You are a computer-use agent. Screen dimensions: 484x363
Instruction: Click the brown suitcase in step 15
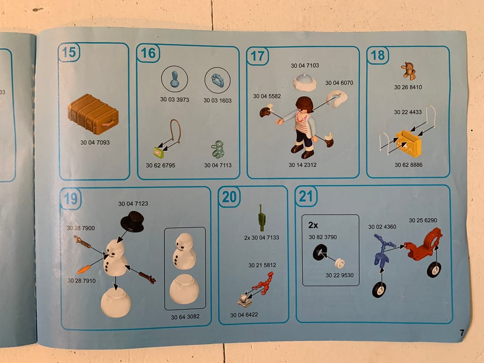(x=93, y=114)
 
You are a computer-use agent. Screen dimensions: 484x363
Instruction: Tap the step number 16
(x=148, y=53)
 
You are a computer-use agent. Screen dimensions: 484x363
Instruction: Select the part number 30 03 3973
(x=174, y=99)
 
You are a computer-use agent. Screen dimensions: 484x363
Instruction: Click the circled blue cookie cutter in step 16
(x=218, y=80)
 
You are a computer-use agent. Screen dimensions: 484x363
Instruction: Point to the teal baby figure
(x=218, y=149)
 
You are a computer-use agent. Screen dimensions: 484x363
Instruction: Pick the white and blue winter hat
(x=305, y=82)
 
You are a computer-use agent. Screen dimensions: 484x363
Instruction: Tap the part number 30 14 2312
(x=302, y=165)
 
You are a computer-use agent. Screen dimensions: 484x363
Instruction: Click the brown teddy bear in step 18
(x=408, y=71)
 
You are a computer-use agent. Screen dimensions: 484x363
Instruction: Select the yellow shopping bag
(x=409, y=144)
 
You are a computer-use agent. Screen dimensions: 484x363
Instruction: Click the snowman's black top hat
(x=133, y=221)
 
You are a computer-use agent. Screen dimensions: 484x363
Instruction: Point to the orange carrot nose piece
(x=84, y=269)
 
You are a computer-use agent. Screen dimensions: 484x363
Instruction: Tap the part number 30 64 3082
(x=185, y=317)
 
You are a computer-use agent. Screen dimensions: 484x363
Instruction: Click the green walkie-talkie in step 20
(x=262, y=218)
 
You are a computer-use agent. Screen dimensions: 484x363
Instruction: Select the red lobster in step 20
(x=263, y=283)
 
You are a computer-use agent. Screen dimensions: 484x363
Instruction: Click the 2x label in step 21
(x=313, y=225)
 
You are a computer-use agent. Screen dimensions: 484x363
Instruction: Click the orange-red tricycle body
(x=423, y=244)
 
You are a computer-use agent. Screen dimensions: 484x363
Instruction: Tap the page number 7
(x=462, y=333)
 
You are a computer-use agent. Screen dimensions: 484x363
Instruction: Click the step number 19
(x=71, y=199)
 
